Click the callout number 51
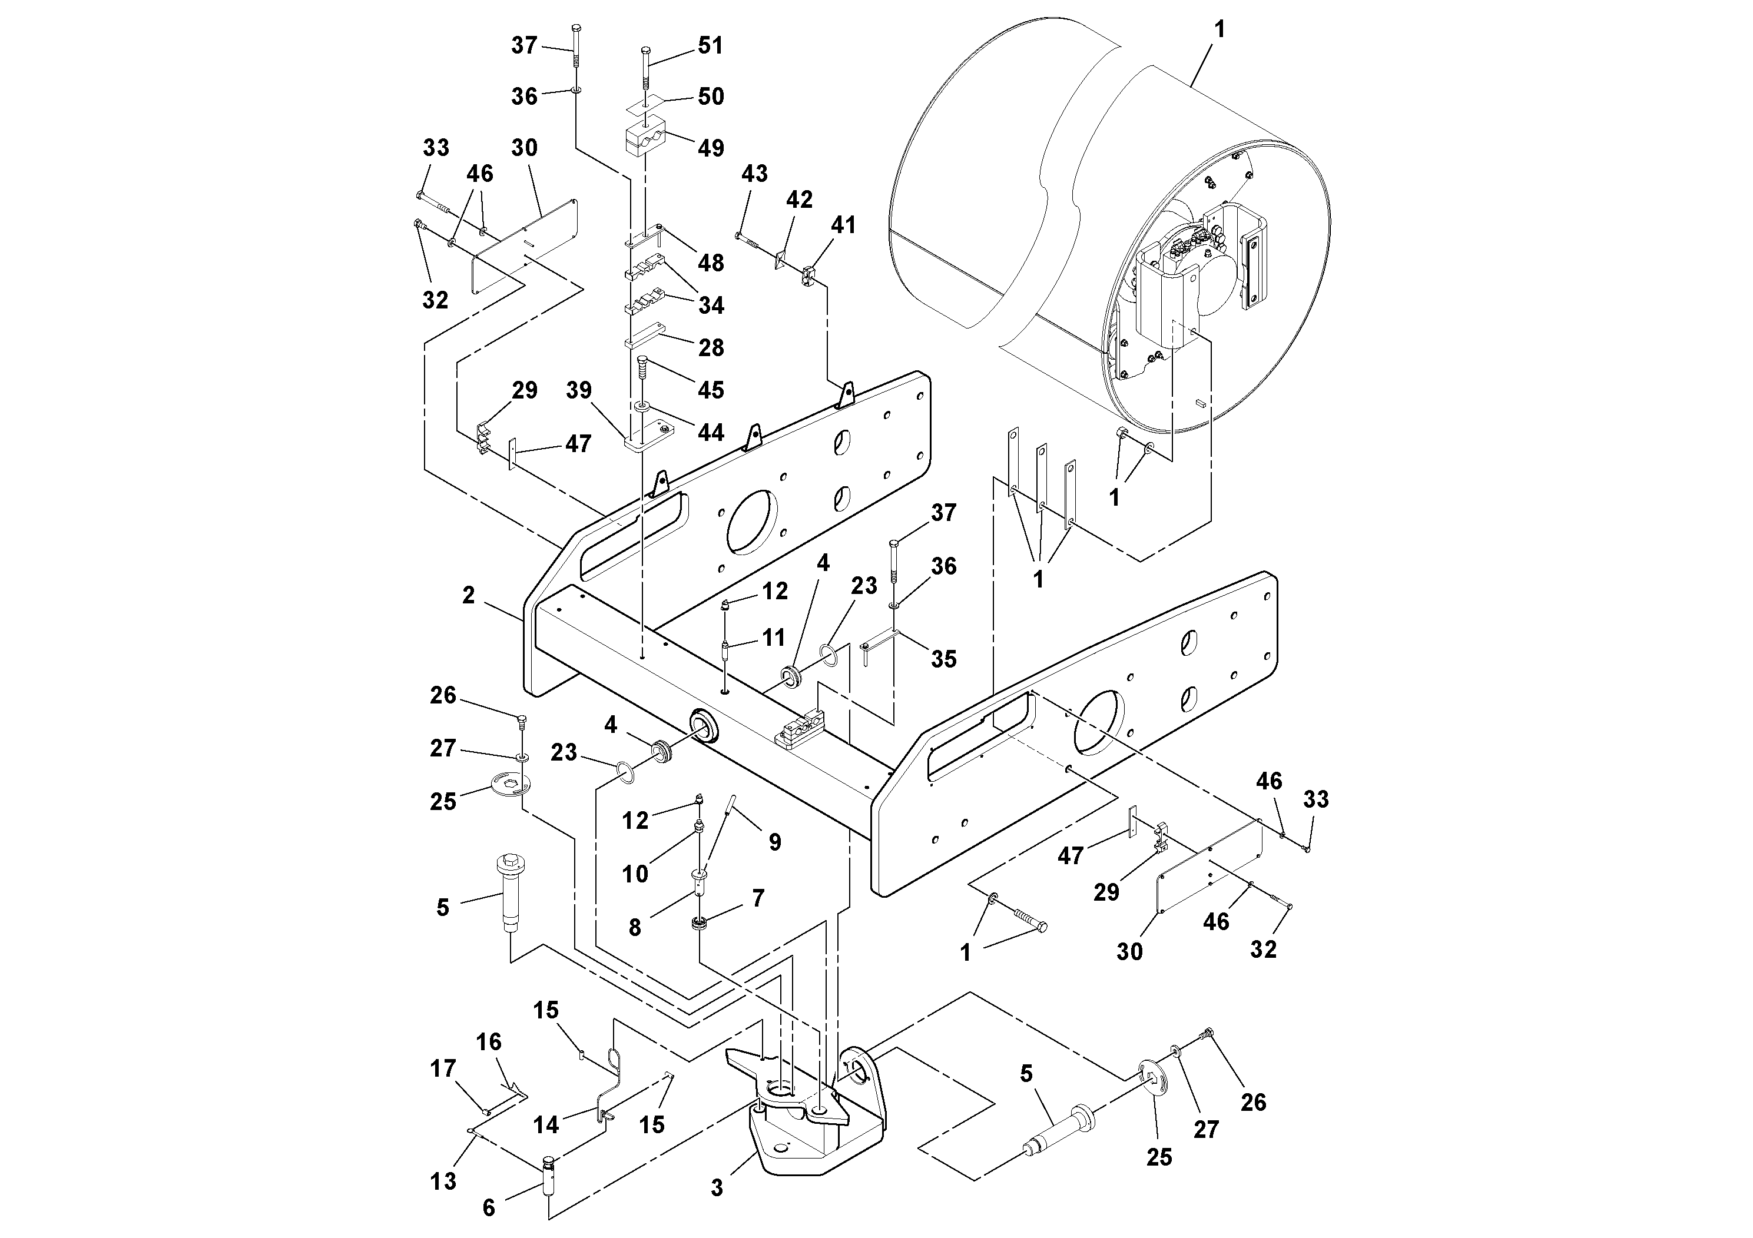tap(710, 46)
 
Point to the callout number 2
tap(469, 595)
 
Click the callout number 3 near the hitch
tap(716, 1187)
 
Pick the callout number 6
tap(489, 1208)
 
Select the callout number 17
tap(443, 1068)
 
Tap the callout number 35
tap(944, 659)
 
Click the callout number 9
tap(775, 842)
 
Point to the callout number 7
tap(757, 898)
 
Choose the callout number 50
tap(711, 97)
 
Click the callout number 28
tap(711, 348)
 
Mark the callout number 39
tap(579, 390)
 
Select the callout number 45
tap(711, 390)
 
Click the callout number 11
tap(773, 638)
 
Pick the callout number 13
tap(443, 1181)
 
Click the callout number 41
tap(844, 225)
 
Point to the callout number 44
tap(711, 433)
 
